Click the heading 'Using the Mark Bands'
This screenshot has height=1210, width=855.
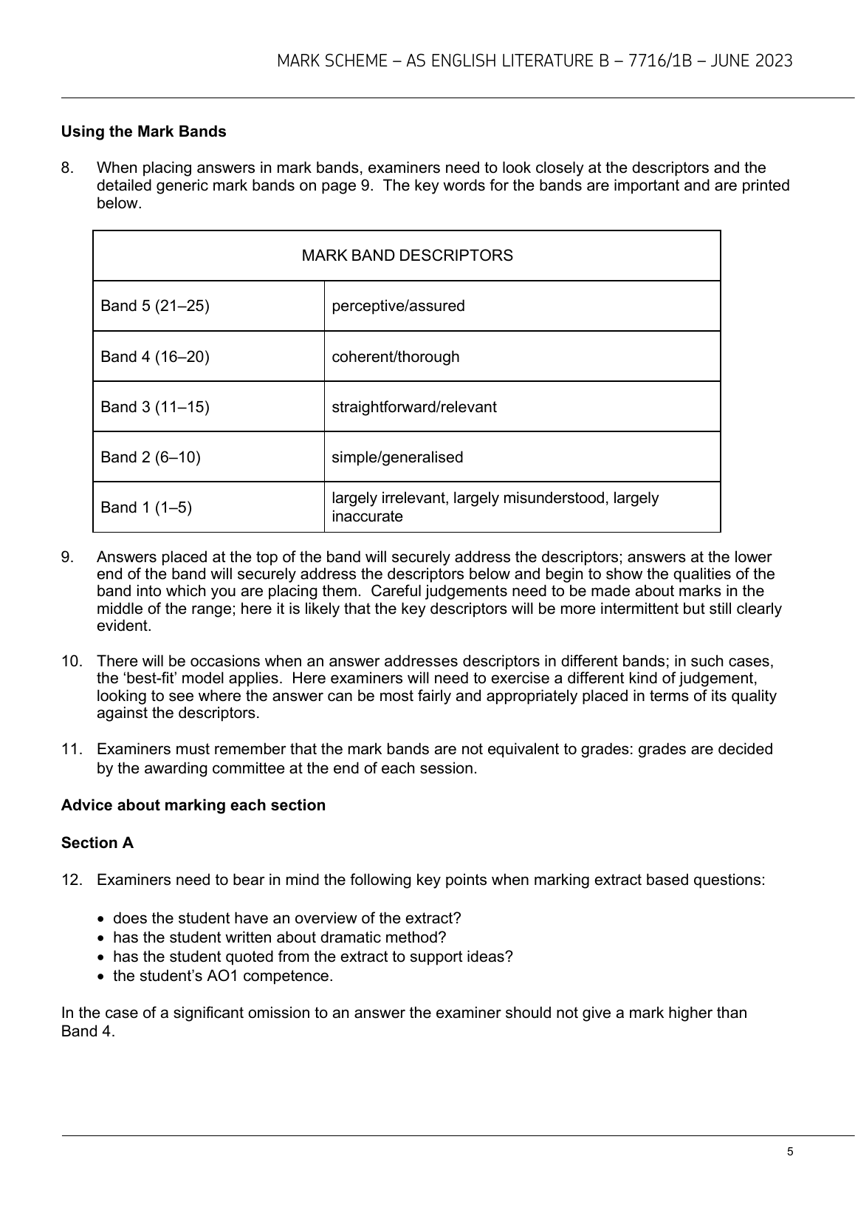click(x=143, y=131)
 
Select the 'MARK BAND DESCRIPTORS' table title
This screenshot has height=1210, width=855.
click(x=407, y=256)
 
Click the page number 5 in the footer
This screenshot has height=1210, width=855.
click(x=790, y=1152)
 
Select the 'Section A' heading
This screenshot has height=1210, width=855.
click(x=97, y=843)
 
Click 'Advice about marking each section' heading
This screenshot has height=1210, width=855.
click(x=193, y=805)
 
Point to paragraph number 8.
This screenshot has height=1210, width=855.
click(x=67, y=168)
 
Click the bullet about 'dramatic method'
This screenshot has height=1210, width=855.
click(x=279, y=937)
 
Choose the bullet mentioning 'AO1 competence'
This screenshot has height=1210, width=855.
click(x=222, y=976)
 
